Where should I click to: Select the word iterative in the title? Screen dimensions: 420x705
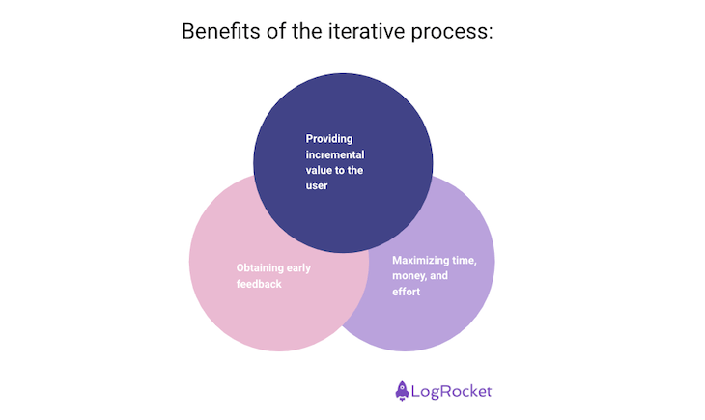[x=366, y=32]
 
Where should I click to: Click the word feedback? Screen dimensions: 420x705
[x=259, y=284]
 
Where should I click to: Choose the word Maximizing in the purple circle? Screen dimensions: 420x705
[x=425, y=260]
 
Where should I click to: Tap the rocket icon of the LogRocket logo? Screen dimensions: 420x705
[x=403, y=391]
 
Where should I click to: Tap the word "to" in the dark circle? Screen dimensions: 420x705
[x=346, y=170]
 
